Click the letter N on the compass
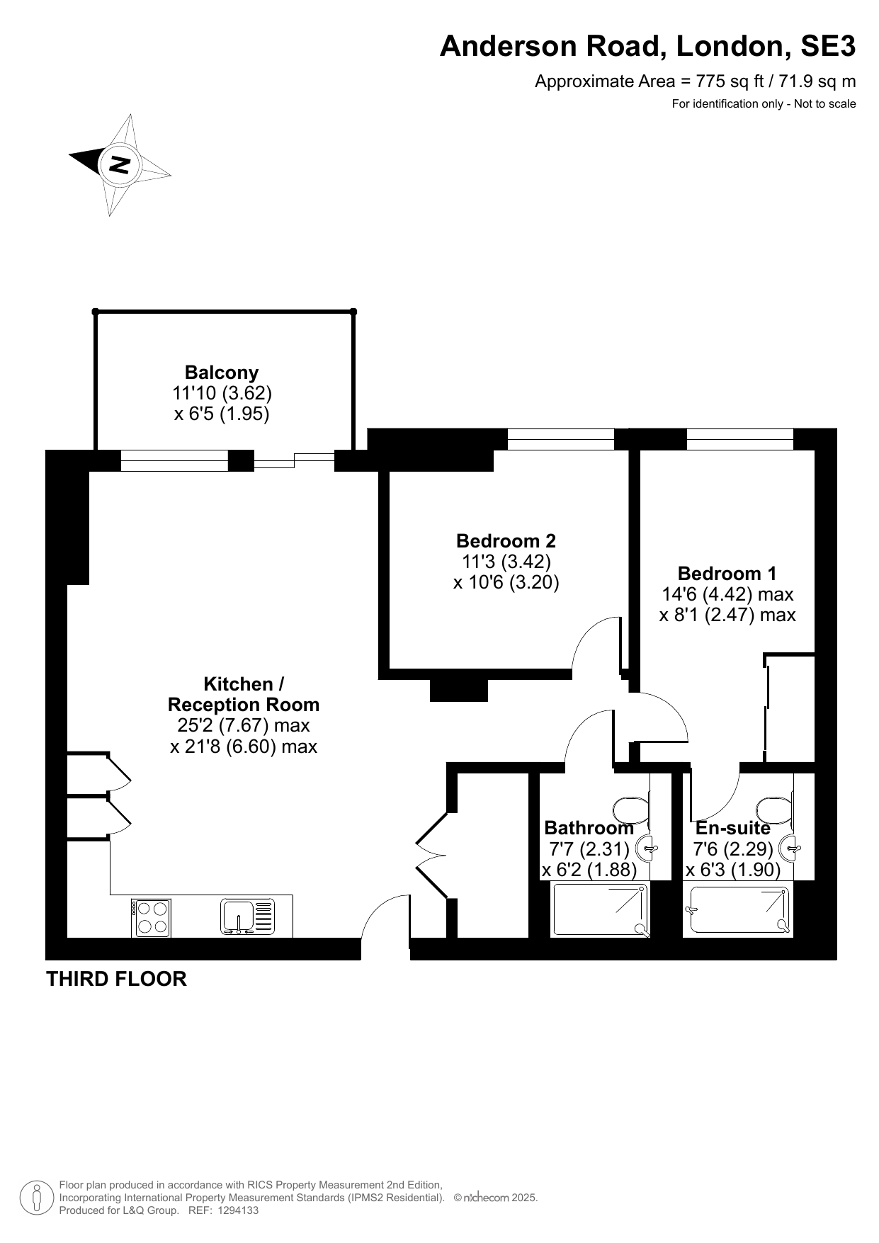(119, 164)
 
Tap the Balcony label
(222, 372)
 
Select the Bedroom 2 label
(506, 541)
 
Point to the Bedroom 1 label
(727, 573)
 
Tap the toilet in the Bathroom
(630, 809)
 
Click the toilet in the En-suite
(775, 809)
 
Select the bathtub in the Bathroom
(600, 909)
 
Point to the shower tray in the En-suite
(737, 909)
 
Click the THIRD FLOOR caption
(116, 979)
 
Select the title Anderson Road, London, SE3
(647, 46)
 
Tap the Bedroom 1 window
(739, 439)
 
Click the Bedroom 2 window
(560, 439)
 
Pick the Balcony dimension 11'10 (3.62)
(222, 393)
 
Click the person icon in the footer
(37, 1198)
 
